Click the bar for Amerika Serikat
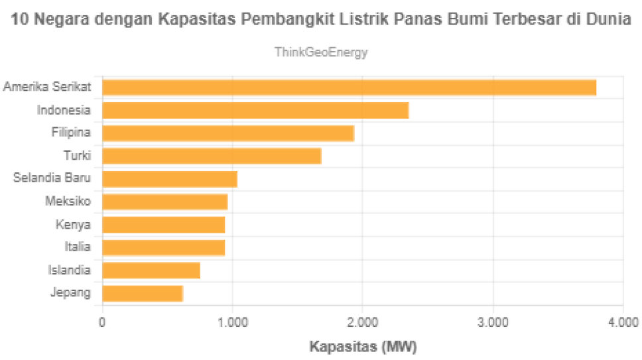pyautogui.click(x=350, y=88)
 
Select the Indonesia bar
pyautogui.click(x=256, y=110)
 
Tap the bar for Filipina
pyautogui.click(x=228, y=133)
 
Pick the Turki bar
pyautogui.click(x=212, y=156)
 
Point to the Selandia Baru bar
pyautogui.click(x=170, y=179)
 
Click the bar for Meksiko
pyautogui.click(x=165, y=202)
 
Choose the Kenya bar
pyautogui.click(x=164, y=225)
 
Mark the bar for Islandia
pyautogui.click(x=152, y=270)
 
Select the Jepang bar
pyautogui.click(x=143, y=293)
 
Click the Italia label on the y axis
pyautogui.click(x=78, y=247)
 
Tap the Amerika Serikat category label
pyautogui.click(x=47, y=87)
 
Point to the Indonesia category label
pyautogui.click(x=64, y=110)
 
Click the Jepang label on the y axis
pyautogui.click(x=70, y=293)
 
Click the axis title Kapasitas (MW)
pyautogui.click(x=362, y=346)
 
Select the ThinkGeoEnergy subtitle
pyautogui.click(x=321, y=52)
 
